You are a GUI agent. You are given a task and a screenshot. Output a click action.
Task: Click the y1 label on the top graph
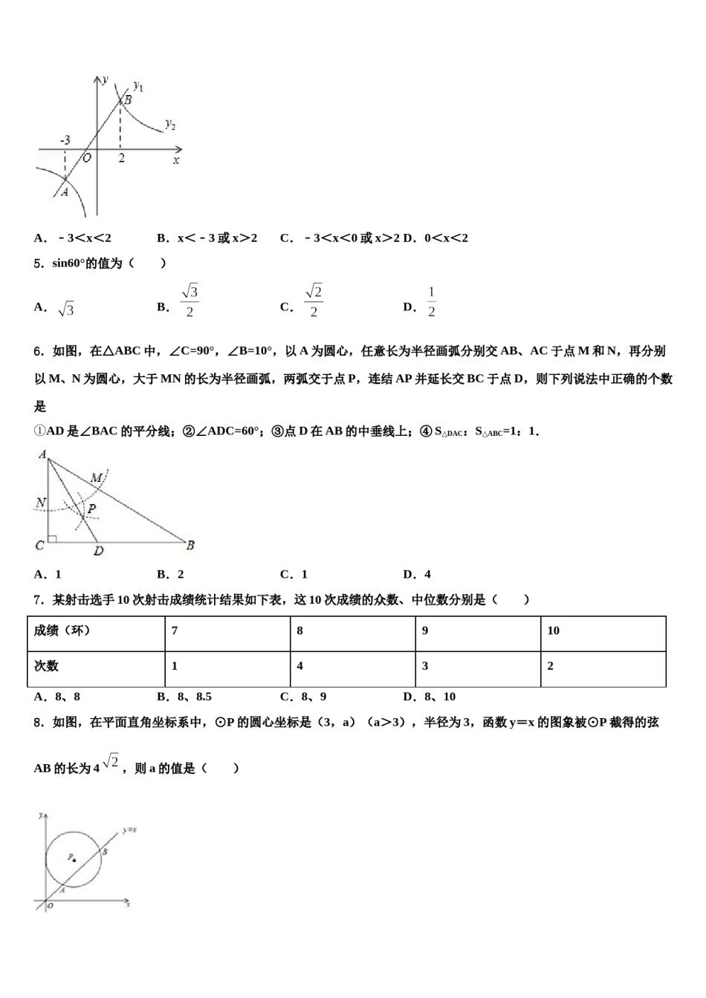click(138, 86)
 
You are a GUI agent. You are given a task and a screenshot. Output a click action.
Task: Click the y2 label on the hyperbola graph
click(170, 124)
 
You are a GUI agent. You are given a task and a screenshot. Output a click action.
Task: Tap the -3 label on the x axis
click(65, 140)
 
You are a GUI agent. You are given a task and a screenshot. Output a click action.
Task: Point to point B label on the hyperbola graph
click(128, 99)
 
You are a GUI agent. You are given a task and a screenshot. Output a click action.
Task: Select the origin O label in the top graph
click(86, 157)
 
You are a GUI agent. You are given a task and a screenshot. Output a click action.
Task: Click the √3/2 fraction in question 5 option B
click(190, 301)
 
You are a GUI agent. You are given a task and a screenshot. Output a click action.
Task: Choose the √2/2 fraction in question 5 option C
click(314, 301)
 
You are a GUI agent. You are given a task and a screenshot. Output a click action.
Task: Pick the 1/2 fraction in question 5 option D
click(431, 301)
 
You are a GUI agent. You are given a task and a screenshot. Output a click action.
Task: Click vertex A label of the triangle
click(42, 454)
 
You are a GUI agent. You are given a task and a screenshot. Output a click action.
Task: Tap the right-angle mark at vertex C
click(51, 538)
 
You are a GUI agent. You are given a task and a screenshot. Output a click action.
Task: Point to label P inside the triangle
click(92, 509)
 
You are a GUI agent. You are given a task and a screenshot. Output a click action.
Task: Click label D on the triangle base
click(99, 551)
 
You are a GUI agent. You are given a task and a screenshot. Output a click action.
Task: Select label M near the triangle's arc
click(97, 478)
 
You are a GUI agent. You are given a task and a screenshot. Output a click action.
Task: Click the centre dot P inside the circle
click(74, 860)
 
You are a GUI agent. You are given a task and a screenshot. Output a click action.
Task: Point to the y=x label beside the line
click(130, 829)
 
